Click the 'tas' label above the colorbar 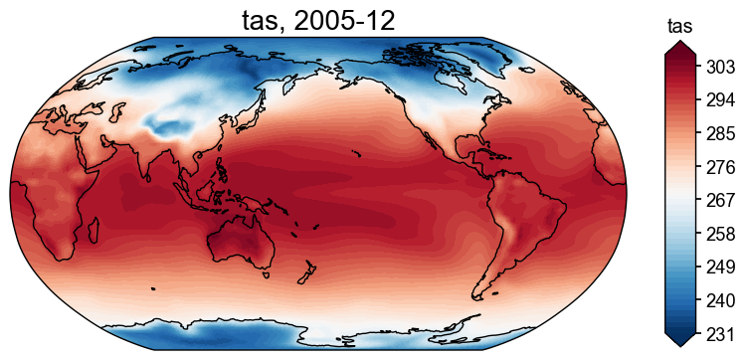pyautogui.click(x=679, y=25)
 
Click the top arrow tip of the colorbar pyautogui.click(x=679, y=45)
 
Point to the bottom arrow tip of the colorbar pyautogui.click(x=679, y=345)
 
